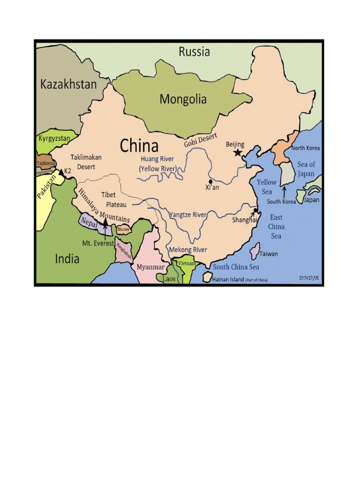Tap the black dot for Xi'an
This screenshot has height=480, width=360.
pyautogui.click(x=211, y=181)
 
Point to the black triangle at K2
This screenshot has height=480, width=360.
pyautogui.click(x=61, y=172)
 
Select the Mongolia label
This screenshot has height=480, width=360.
pyautogui.click(x=183, y=99)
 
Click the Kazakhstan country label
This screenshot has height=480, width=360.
pyautogui.click(x=68, y=84)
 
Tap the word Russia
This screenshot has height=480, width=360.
pyautogui.click(x=194, y=52)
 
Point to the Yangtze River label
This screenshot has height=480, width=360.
pyautogui.click(x=187, y=215)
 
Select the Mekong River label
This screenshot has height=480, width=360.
pyautogui.click(x=187, y=250)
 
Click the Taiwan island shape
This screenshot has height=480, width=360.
pyautogui.click(x=255, y=251)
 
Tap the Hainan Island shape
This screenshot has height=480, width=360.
pyautogui.click(x=207, y=277)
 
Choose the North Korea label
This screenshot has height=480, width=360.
pyautogui.click(x=306, y=148)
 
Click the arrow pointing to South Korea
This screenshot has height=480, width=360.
pyautogui.click(x=283, y=192)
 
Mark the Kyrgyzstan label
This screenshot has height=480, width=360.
pyautogui.click(x=54, y=138)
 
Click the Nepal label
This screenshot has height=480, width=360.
pyautogui.click(x=89, y=221)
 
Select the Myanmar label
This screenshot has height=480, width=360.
pyautogui.click(x=150, y=267)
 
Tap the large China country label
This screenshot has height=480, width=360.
pyautogui.click(x=139, y=145)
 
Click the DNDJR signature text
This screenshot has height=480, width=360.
pyautogui.click(x=309, y=277)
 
